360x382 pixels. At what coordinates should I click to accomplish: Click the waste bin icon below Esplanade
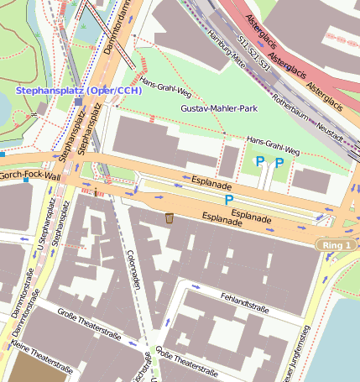(170, 218)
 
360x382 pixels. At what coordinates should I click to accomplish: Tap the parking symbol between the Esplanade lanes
(228, 200)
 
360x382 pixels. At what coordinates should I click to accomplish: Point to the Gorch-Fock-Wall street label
(30, 176)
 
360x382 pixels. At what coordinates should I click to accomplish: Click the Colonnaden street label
(133, 269)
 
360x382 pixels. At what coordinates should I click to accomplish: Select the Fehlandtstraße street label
(245, 303)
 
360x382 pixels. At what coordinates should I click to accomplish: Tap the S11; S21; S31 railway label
(253, 52)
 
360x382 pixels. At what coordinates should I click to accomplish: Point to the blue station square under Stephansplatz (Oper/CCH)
(78, 102)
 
